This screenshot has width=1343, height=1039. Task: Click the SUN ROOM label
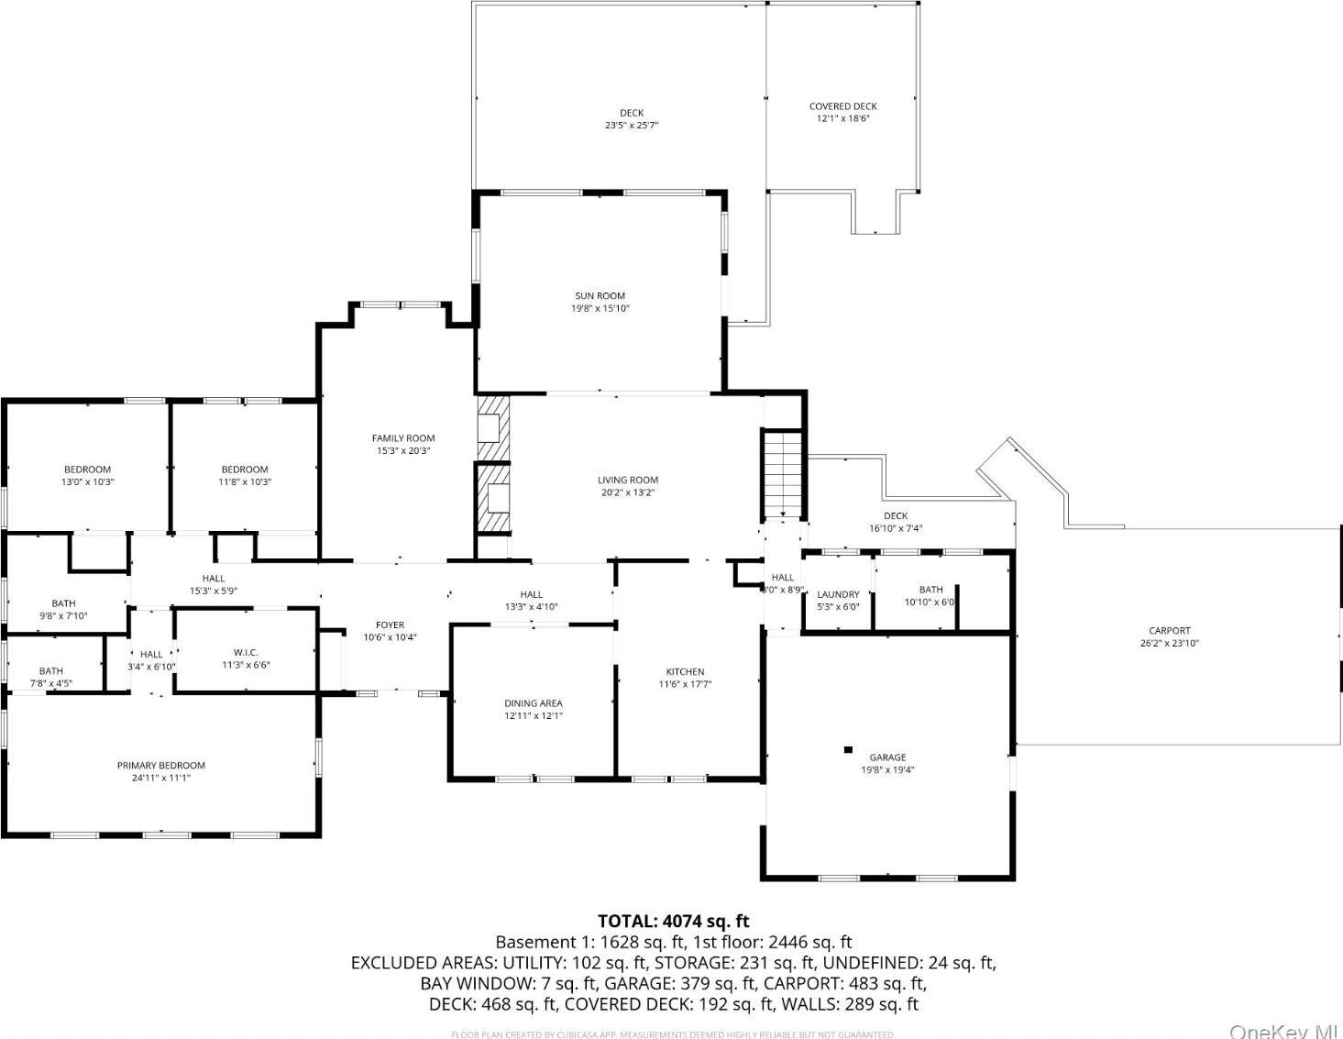coord(600,295)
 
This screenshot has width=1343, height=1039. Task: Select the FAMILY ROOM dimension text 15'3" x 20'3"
coord(403,451)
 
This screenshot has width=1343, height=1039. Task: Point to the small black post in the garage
coord(848,750)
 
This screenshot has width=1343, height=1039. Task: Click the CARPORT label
coord(1170,630)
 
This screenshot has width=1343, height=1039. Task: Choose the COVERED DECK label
coord(842,106)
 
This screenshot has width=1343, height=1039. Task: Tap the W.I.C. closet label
coord(245,653)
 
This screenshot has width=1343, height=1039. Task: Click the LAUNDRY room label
coord(838,594)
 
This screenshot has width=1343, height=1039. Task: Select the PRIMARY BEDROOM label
coord(161,765)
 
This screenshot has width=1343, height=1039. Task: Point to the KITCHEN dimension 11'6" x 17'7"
coord(685,684)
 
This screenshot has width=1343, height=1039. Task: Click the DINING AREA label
coord(533,703)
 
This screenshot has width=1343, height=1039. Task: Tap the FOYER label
coord(390,625)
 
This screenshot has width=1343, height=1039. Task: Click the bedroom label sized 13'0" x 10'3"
coord(87,470)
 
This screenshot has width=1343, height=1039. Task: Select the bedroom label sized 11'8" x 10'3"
coord(245,470)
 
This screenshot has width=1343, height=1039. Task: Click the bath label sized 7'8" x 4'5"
coord(51,671)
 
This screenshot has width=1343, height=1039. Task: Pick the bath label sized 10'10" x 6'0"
coord(930,590)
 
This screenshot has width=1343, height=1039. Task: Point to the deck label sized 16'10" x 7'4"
coord(895,516)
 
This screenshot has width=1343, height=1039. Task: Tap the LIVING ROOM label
coord(628,480)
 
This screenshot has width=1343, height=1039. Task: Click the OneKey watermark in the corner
coord(1283,1031)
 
